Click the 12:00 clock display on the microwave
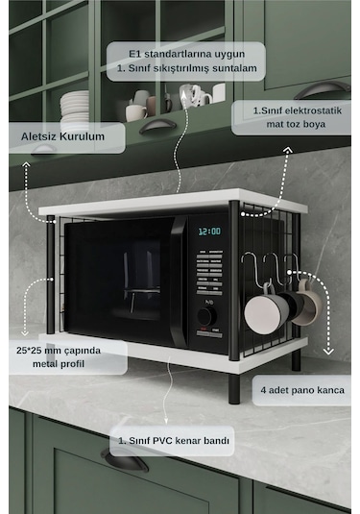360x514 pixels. click(x=209, y=232)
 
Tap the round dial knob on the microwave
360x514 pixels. click(x=206, y=316)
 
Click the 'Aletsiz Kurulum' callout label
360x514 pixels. click(x=67, y=137)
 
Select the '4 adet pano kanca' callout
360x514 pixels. click(x=301, y=390)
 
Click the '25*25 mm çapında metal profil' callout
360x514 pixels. click(x=68, y=357)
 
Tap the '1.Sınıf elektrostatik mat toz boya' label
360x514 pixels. click(x=292, y=117)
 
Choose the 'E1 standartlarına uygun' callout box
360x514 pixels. click(x=186, y=61)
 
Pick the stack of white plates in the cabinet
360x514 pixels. click(x=75, y=108)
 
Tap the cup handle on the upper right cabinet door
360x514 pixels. click(x=323, y=89)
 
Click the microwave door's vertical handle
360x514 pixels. click(x=179, y=281)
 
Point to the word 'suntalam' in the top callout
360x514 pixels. click(x=234, y=68)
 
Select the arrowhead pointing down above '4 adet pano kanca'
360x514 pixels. click(x=328, y=352)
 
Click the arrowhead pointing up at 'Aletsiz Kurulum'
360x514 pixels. click(x=26, y=164)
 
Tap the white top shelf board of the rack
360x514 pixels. click(x=173, y=203)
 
